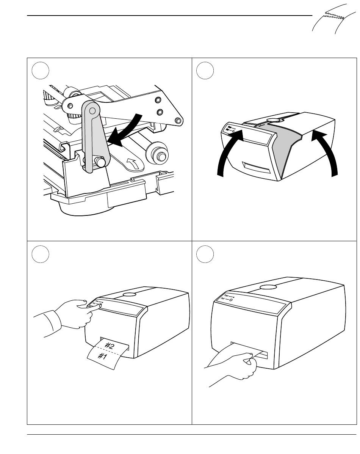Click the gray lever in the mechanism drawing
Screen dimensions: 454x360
point(94,144)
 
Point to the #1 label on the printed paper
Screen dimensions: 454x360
point(102,356)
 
